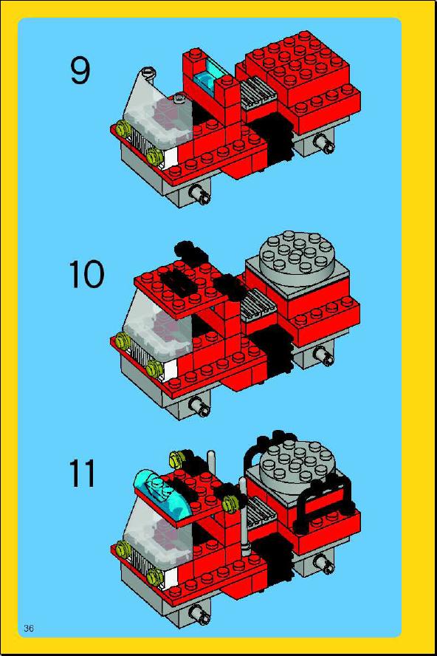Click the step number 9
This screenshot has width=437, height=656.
click(80, 70)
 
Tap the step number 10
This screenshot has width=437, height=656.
click(86, 274)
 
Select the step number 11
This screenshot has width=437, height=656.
click(83, 474)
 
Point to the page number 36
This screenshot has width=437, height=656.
click(29, 628)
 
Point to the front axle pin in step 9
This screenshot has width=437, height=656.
click(199, 194)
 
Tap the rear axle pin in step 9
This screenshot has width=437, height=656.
click(325, 144)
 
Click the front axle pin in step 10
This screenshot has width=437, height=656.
click(199, 406)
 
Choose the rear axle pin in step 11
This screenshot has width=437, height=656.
click(325, 562)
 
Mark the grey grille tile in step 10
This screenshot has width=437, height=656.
click(259, 304)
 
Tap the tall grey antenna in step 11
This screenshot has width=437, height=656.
click(244, 516)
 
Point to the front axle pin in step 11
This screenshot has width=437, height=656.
click(199, 614)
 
